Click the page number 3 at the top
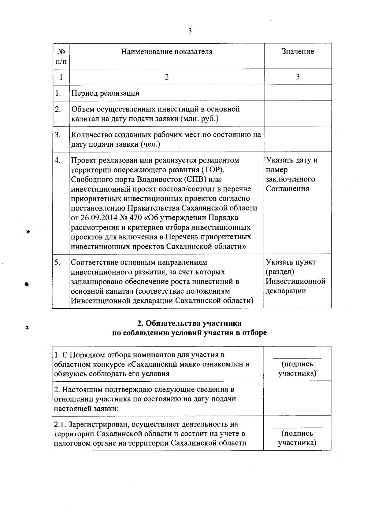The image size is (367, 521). click(x=190, y=31)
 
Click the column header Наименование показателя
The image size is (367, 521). click(x=167, y=52)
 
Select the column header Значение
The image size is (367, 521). click(x=298, y=52)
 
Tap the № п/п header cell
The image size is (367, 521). click(x=61, y=56)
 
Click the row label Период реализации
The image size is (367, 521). click(x=105, y=93)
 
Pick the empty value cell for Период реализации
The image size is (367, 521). click(x=298, y=93)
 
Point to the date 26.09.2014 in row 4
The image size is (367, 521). click(x=99, y=218)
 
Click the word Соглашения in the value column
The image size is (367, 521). click(x=287, y=189)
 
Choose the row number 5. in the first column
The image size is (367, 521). click(x=57, y=262)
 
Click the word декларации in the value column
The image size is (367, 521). click(x=286, y=291)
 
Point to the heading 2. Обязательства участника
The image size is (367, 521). click(x=189, y=323)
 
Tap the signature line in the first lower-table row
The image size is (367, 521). click(x=297, y=357)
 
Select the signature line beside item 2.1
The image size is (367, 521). click(x=297, y=427)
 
